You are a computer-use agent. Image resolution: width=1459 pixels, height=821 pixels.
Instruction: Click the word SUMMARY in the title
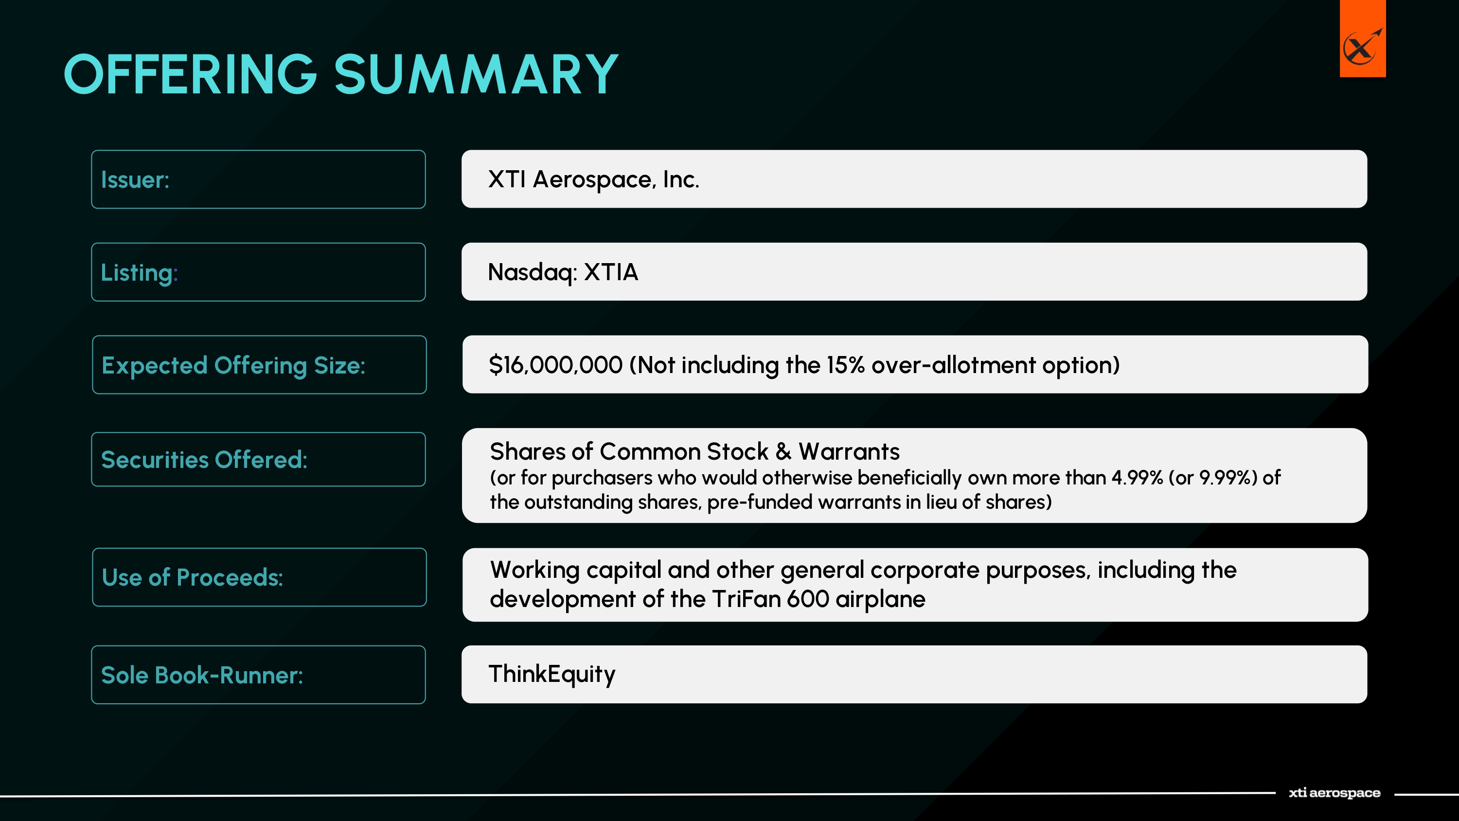pos(476,74)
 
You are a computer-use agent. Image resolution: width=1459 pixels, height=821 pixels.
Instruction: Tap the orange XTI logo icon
pos(1362,38)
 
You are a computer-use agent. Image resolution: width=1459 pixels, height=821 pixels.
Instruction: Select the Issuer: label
pos(135,179)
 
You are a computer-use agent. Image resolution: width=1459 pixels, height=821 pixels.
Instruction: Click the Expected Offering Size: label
pos(233,365)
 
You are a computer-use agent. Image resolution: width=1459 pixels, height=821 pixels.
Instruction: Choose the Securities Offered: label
pos(204,460)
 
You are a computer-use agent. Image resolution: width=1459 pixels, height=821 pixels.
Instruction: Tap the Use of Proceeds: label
pos(193,577)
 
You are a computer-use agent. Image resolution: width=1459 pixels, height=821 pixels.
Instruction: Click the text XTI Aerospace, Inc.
pos(593,179)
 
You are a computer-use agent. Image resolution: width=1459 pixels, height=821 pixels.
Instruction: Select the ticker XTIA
pos(611,272)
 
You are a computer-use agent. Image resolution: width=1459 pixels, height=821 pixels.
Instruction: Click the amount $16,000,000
pos(555,365)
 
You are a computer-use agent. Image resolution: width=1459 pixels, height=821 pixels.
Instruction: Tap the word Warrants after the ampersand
pos(849,451)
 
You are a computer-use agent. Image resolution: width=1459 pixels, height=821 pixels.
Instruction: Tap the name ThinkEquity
pos(552,674)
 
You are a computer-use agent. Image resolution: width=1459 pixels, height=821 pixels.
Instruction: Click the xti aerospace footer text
pos(1334,793)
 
